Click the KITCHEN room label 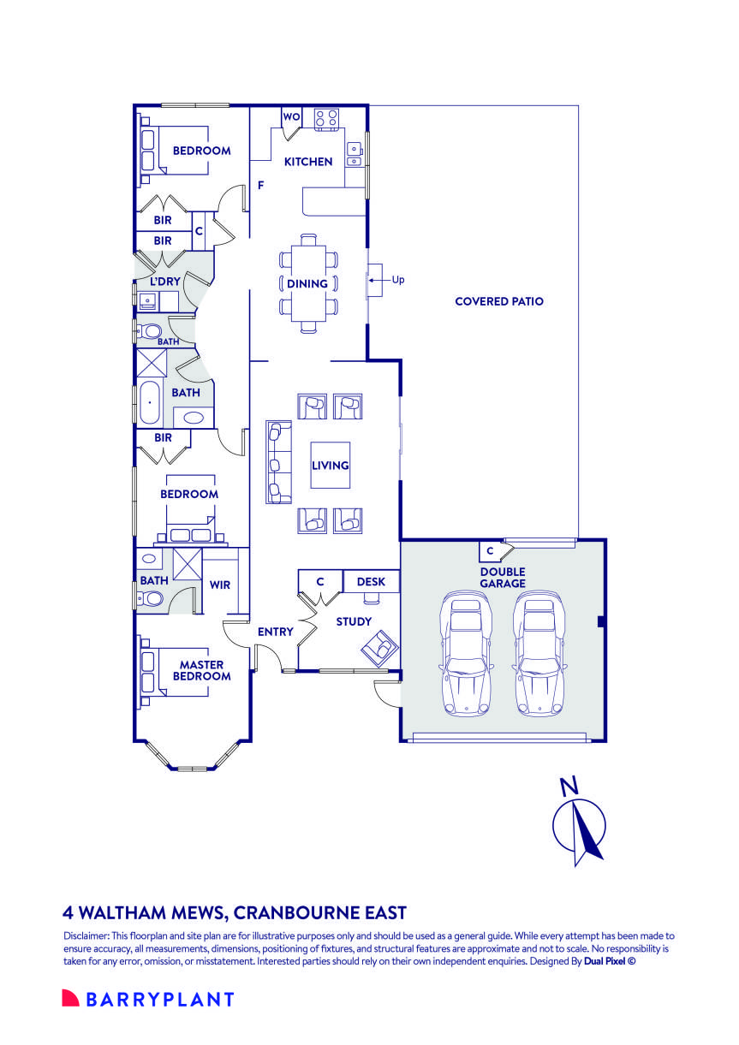click(x=308, y=162)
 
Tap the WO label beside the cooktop click(x=292, y=116)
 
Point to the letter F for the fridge click(x=261, y=185)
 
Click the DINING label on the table click(x=307, y=283)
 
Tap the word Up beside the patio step click(x=397, y=280)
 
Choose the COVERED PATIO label click(x=499, y=301)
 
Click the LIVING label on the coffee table click(x=330, y=465)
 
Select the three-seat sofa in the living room click(x=278, y=462)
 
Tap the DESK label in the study click(x=371, y=582)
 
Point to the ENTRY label click(x=276, y=632)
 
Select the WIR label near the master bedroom click(x=220, y=585)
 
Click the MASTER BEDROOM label click(x=202, y=670)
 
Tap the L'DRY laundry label click(x=165, y=282)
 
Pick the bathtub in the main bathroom click(x=149, y=402)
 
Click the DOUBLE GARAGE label click(x=503, y=578)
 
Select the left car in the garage click(x=466, y=654)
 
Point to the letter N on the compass click(x=569, y=786)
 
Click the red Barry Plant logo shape click(x=70, y=998)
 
